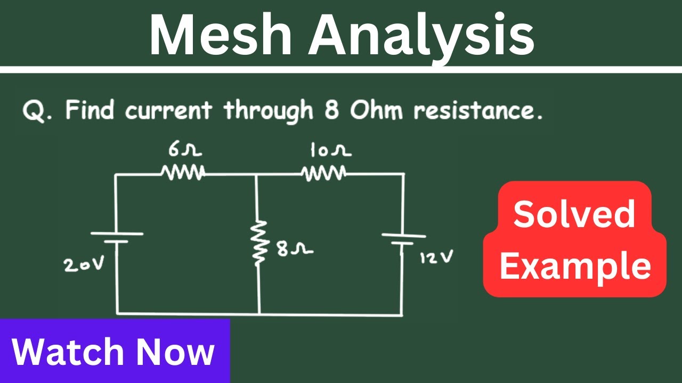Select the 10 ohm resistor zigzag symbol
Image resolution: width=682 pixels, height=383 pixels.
323,172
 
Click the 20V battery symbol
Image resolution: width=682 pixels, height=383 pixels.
117,237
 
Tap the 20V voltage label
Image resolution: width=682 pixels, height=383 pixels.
85,264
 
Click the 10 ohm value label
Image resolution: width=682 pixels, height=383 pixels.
330,151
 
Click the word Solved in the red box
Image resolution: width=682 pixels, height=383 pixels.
574,214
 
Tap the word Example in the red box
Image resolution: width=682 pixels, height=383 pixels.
575,266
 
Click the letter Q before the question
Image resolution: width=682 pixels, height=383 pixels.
34,112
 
